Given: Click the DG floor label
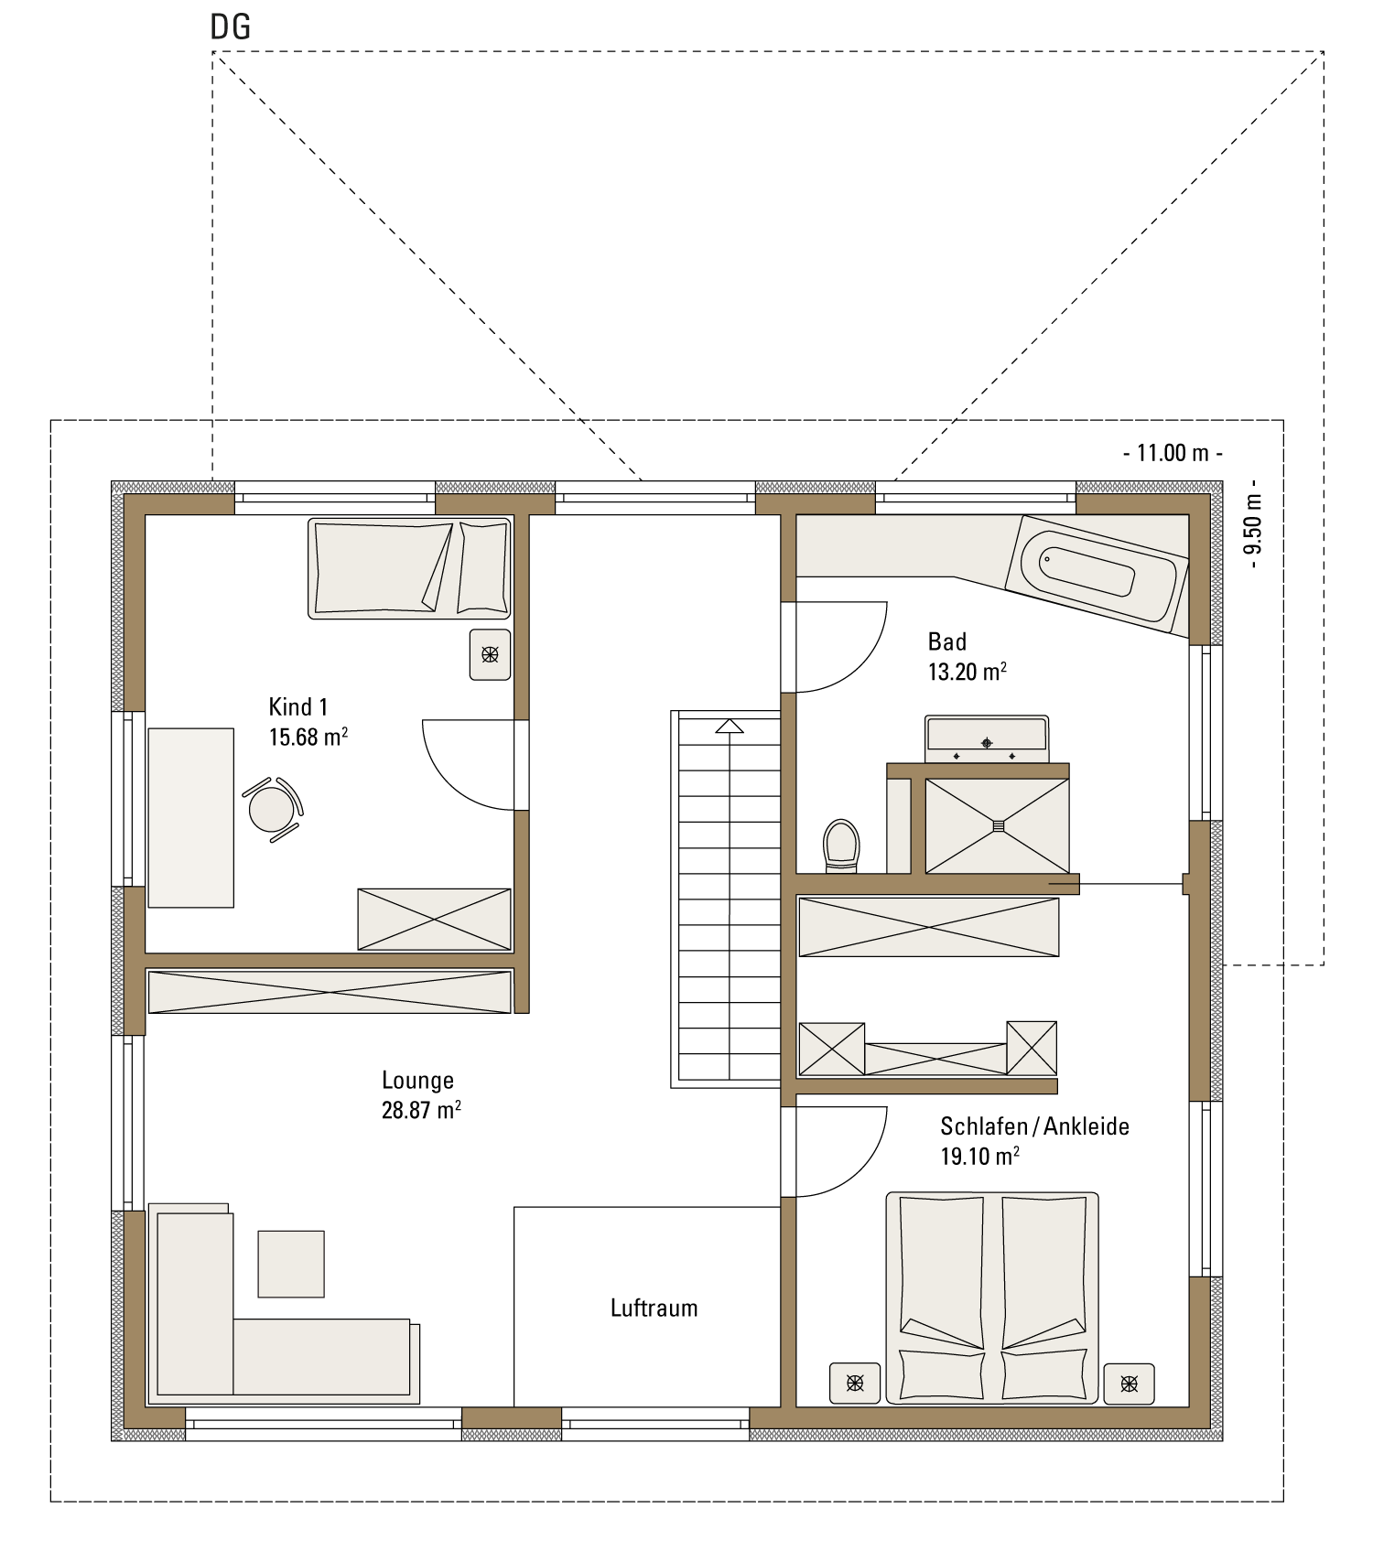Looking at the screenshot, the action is pos(231,27).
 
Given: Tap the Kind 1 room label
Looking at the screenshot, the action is pos(298,706).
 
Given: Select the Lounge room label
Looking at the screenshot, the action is pos(417,1080).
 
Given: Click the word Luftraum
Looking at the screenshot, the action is pos(654,1308).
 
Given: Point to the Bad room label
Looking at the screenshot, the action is pos(947,641).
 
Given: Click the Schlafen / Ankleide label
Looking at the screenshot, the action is pos(1034,1126).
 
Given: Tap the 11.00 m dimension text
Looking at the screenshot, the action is pos(1173,452).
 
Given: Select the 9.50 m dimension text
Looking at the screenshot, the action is pos(1253,523).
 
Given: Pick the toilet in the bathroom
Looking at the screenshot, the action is pos(841,846).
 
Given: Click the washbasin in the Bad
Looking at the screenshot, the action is pos(987,739).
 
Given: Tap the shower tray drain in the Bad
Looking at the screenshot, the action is pos(998,826).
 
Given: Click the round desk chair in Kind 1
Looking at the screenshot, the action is pos(273,809).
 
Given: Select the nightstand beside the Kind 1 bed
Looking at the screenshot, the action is pos(490,654).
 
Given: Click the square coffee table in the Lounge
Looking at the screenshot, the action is pos(291,1264).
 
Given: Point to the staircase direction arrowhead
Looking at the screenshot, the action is pos(730,727).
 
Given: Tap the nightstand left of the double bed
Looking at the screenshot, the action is pos(855,1383).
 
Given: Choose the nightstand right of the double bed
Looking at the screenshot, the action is pos(1129,1384).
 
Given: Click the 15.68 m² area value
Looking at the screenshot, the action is pos(308,737).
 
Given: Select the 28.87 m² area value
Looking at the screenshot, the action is pos(421,1110).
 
